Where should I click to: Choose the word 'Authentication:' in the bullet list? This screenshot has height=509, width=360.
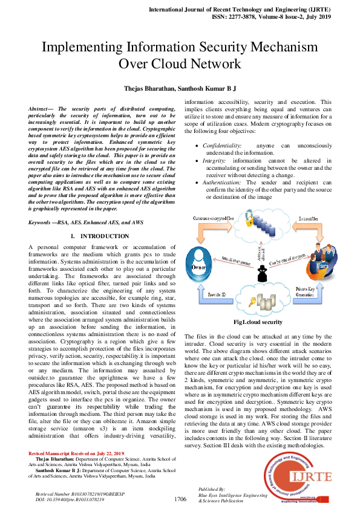(x=222, y=182)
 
